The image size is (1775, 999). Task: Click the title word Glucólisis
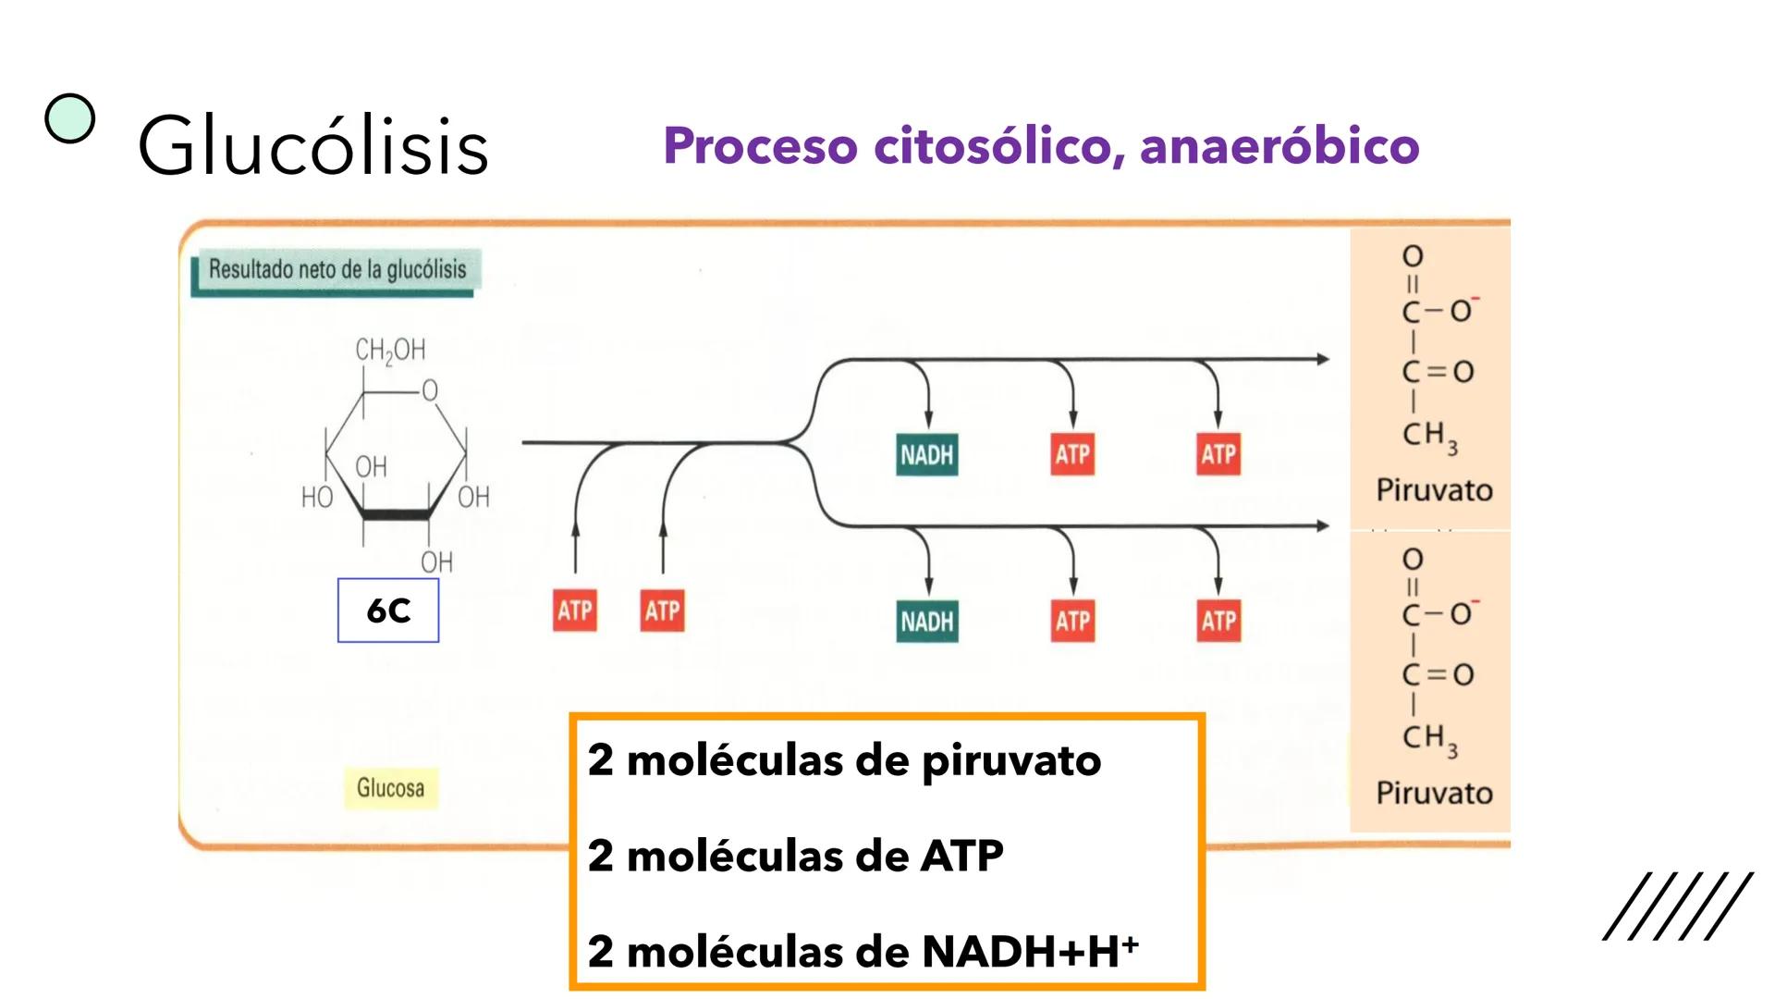coord(312,146)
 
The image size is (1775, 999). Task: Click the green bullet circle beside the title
coord(70,119)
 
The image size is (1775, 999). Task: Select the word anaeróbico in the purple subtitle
coord(1279,146)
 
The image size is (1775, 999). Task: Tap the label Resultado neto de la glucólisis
coord(337,269)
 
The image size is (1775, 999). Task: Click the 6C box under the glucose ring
coord(388,610)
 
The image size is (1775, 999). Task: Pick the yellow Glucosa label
coord(390,788)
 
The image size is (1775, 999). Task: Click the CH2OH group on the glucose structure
coord(390,350)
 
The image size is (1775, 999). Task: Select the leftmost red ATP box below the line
coord(574,610)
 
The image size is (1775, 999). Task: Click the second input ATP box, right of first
coord(663,610)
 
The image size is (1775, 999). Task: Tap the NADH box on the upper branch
coord(926,454)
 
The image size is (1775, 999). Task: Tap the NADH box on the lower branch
coord(926,621)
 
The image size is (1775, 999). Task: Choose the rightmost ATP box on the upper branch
coord(1218,454)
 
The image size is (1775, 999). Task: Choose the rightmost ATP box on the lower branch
coord(1218,621)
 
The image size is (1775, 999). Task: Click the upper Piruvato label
coord(1434,489)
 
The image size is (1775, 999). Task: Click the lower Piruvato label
coord(1434,793)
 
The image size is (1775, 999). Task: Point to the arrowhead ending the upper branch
coord(1323,359)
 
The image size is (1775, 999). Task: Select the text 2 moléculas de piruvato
coord(844,760)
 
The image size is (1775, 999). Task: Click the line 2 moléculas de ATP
coord(795,856)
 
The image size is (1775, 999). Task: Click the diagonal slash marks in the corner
coord(1677,906)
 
